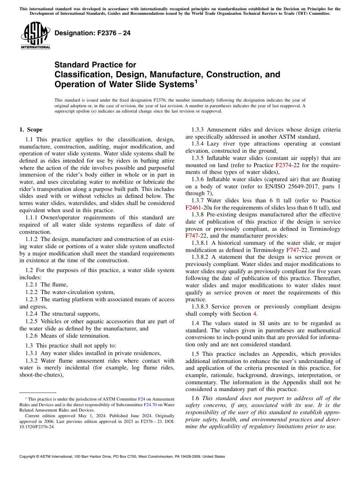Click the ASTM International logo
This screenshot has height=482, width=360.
(35, 36)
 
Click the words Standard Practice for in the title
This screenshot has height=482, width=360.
(95, 65)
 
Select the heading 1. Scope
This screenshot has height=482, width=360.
(31, 130)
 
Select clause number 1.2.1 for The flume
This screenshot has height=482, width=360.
(32, 285)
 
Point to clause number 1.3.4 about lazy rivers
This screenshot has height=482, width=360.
(199, 144)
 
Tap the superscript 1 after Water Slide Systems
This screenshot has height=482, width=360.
(196, 81)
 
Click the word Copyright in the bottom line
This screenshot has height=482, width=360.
(29, 457)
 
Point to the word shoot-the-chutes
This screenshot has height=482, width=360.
(41, 375)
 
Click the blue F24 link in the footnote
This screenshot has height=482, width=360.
(141, 399)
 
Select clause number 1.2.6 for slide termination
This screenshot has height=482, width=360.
(32, 336)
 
